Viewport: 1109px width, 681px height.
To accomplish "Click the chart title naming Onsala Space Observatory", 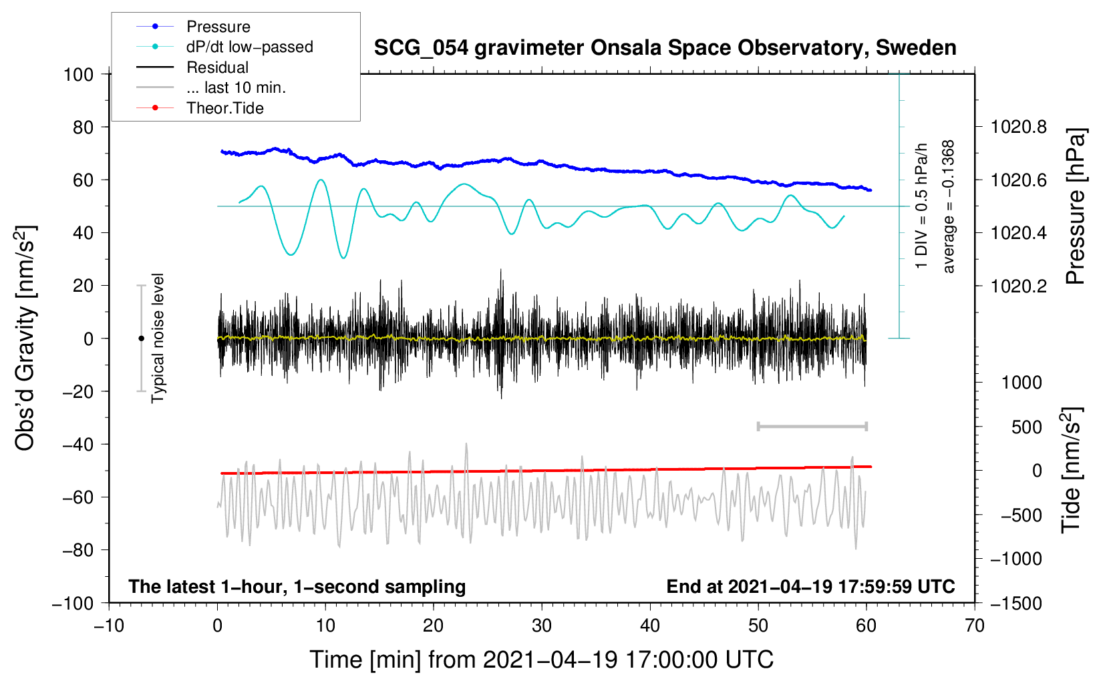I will point(665,48).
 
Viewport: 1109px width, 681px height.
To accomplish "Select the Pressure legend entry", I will point(218,27).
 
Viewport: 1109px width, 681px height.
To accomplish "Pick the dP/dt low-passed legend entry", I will point(249,47).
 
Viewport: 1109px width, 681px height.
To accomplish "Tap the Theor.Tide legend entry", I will point(225,108).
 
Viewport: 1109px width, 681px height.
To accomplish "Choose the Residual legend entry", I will point(217,67).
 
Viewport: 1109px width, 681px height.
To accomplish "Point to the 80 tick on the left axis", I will point(83,127).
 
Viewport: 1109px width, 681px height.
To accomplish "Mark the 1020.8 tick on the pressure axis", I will point(1018,127).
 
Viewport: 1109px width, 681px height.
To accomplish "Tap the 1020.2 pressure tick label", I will point(1018,286).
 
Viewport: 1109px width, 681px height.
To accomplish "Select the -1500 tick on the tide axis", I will point(1016,603).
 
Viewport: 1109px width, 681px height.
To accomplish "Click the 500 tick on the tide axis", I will point(1026,427).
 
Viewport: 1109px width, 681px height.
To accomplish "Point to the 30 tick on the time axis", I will point(542,626).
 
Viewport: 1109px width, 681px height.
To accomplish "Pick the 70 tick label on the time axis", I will point(975,626).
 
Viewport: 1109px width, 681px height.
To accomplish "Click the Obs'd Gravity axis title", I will point(25,338).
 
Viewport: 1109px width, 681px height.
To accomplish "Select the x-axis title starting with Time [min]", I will point(541,660).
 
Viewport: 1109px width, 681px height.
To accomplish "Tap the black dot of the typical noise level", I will point(141,338).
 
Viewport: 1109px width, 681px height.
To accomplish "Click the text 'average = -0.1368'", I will point(949,206).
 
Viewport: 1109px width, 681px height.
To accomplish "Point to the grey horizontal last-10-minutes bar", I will point(812,426).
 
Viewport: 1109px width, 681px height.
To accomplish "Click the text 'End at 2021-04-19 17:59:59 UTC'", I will point(810,586).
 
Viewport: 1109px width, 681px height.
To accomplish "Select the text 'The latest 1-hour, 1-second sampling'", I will point(297,586).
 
